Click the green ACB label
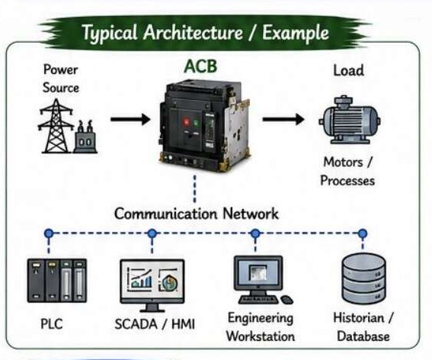200,66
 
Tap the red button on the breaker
186,122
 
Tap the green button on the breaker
196,122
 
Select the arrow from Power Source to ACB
130,119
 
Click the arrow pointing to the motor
283,119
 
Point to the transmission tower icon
56,126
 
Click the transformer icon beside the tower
85,137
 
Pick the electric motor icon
350,120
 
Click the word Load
348,70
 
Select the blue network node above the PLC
49,233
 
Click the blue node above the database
363,233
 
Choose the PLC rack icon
57,281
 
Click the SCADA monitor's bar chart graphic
140,279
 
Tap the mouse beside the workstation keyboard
286,300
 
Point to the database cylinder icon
363,278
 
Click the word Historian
358,318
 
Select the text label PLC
52,324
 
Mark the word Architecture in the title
193,32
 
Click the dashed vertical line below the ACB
195,189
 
